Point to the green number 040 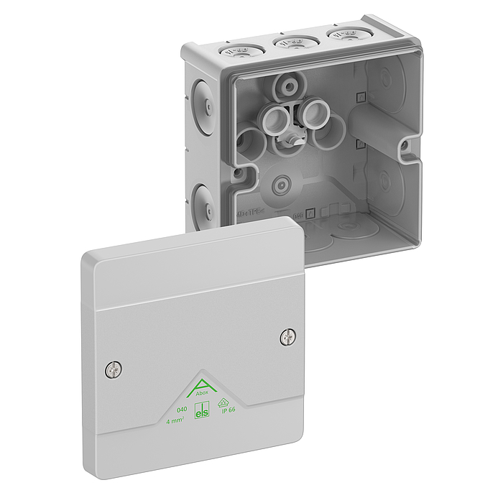coord(172,409)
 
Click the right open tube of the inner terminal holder coord(315,111)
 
